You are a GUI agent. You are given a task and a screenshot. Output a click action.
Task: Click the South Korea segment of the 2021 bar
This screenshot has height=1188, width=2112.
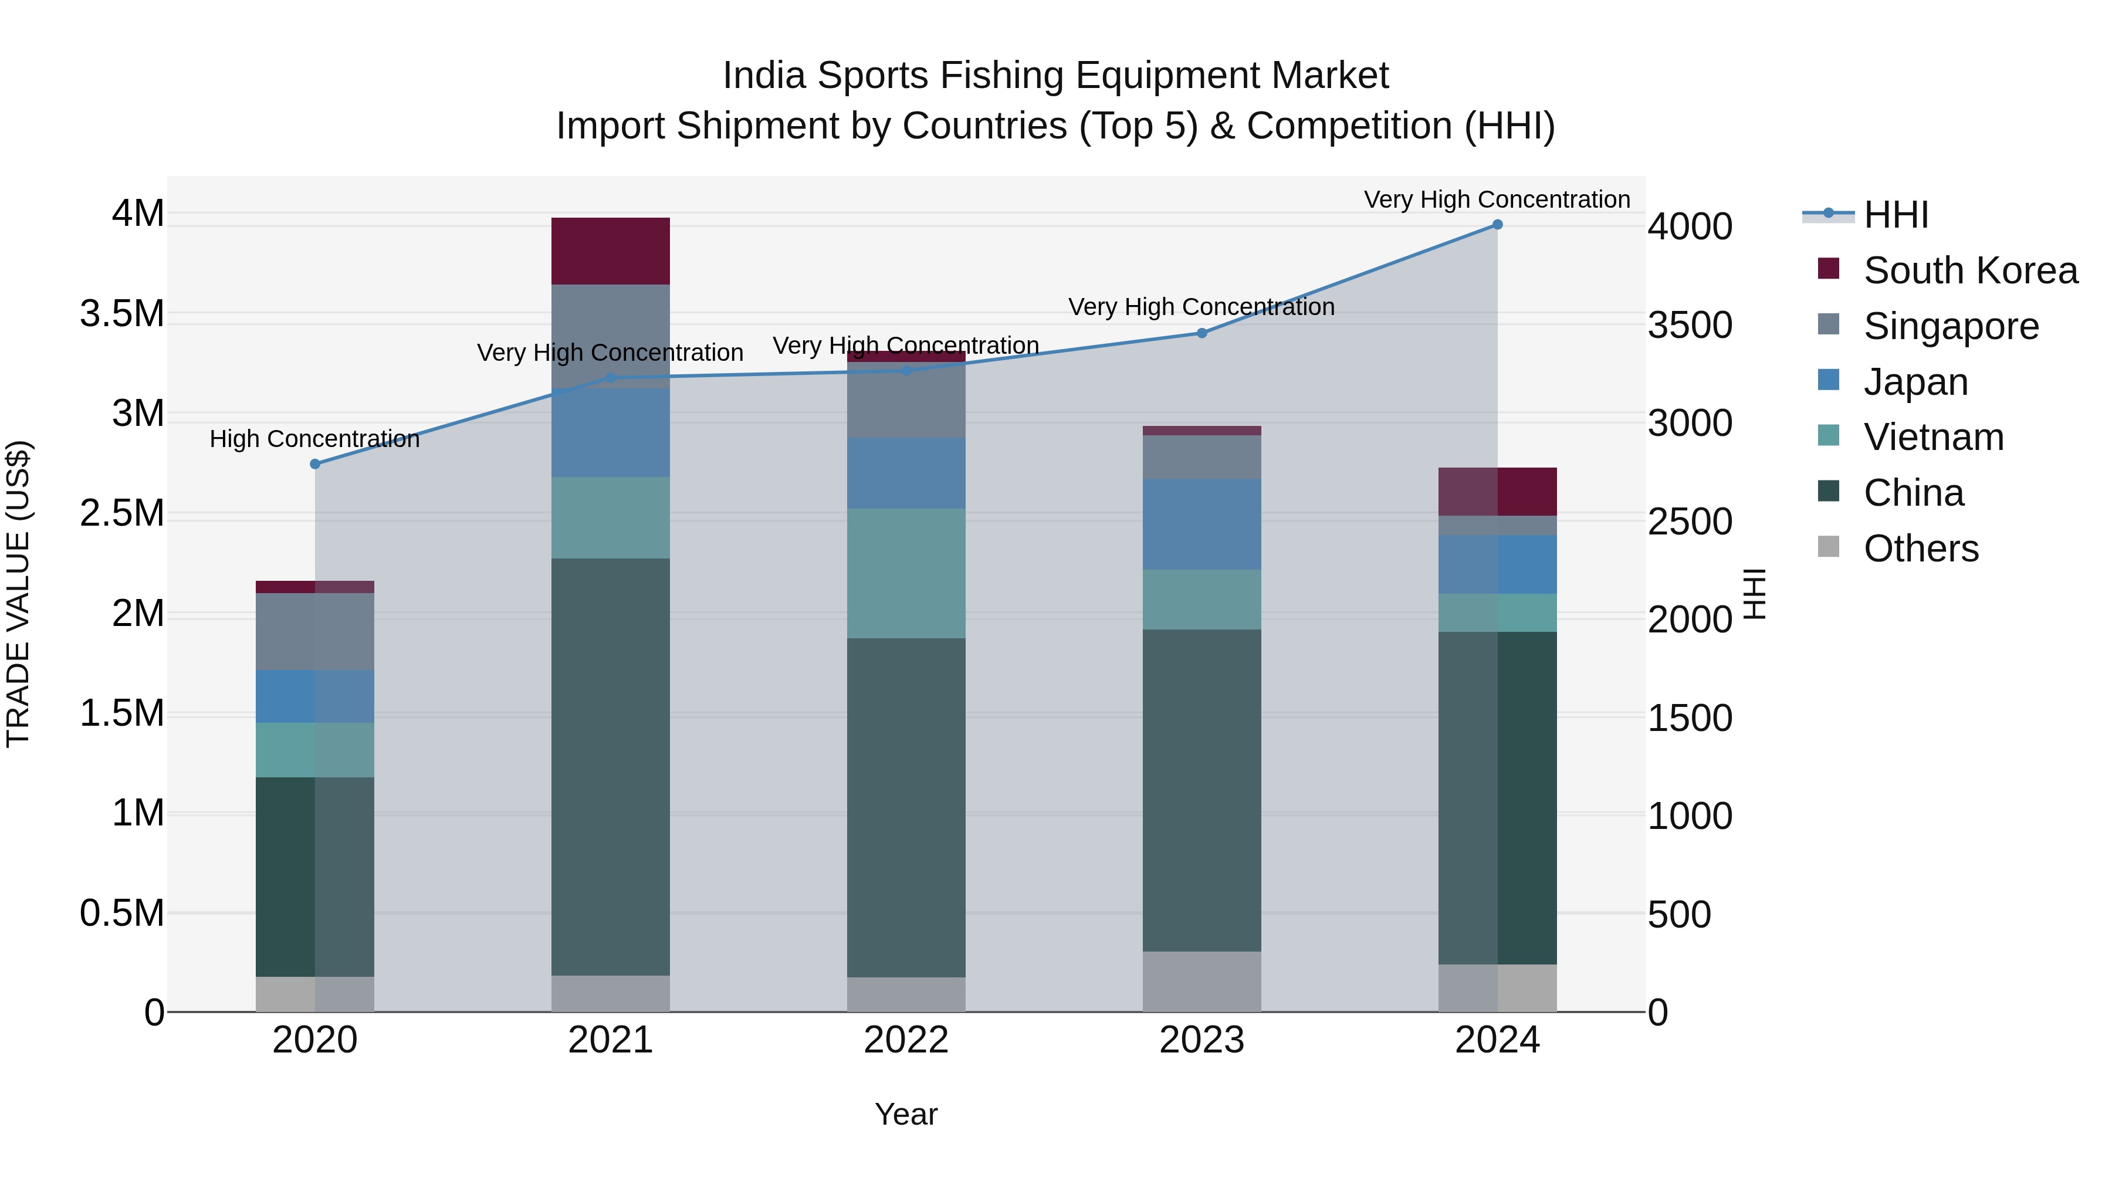coord(610,251)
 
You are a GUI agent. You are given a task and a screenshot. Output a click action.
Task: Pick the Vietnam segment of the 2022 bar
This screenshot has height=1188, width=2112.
coord(906,573)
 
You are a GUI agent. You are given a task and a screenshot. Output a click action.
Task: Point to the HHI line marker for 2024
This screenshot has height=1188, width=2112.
coord(1497,225)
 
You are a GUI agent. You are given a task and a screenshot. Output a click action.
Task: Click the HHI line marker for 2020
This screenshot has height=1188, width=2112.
coord(315,464)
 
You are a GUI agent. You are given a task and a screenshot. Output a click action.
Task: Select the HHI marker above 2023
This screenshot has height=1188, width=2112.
coord(1202,333)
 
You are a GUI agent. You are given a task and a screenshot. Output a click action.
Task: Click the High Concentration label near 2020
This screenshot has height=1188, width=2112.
coord(315,439)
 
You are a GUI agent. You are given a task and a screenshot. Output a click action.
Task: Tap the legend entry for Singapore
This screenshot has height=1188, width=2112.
coord(1951,326)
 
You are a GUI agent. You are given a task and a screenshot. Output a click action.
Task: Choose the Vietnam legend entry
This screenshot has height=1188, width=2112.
coord(1933,437)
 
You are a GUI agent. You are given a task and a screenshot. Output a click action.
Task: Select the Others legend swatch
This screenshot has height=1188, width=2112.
coord(1828,547)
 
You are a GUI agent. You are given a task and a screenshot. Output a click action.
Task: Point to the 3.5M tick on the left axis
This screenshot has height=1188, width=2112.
coord(121,314)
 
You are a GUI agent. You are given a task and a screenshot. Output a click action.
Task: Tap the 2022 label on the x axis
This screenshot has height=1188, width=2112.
coord(906,1040)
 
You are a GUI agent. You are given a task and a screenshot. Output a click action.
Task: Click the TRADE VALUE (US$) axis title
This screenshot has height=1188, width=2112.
coord(19,594)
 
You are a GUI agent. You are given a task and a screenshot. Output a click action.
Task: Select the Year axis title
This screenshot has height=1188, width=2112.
coord(906,1114)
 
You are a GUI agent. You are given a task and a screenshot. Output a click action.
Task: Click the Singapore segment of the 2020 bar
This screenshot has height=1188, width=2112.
coord(315,631)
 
